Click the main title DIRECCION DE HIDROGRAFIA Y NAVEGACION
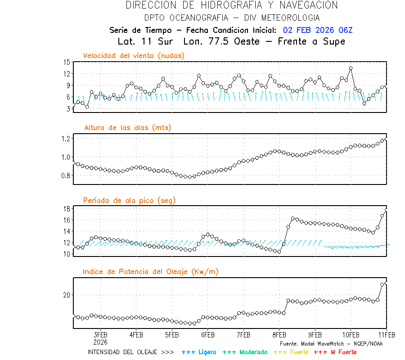(232, 5)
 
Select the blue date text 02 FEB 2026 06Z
(318, 30)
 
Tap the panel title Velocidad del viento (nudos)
(134, 55)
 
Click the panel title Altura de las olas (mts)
(127, 128)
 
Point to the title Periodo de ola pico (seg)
(129, 200)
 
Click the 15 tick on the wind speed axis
(67, 62)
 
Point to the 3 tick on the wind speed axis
(68, 109)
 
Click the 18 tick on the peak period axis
(67, 209)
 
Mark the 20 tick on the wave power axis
(67, 295)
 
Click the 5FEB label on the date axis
(172, 335)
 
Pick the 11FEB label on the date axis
(386, 335)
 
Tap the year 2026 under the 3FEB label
(100, 342)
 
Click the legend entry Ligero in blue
(199, 352)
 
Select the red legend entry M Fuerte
(336, 352)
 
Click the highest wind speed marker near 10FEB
(351, 68)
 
